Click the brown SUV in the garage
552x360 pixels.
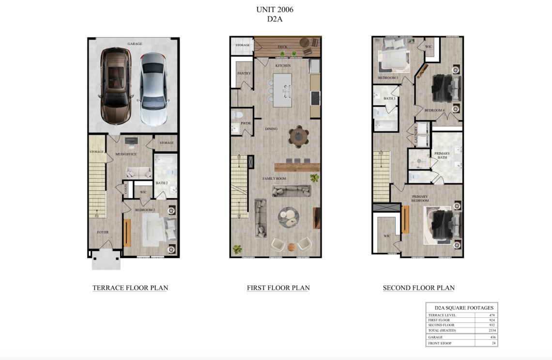116,86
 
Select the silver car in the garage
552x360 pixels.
153,89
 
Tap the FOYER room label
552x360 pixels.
103,232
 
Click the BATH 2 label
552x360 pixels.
162,183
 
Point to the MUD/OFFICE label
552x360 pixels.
126,154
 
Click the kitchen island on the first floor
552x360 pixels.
282,90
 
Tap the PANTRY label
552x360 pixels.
244,73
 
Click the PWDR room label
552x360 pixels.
245,123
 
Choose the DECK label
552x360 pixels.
283,47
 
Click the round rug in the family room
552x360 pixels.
289,218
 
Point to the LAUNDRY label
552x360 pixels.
416,134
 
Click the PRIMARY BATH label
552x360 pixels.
442,156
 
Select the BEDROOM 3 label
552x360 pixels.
388,78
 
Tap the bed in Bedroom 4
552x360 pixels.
446,88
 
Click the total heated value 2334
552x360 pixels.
492,330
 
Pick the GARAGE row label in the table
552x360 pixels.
435,337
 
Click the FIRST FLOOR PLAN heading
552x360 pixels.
278,288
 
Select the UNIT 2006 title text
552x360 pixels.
275,10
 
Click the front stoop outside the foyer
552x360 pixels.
107,260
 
